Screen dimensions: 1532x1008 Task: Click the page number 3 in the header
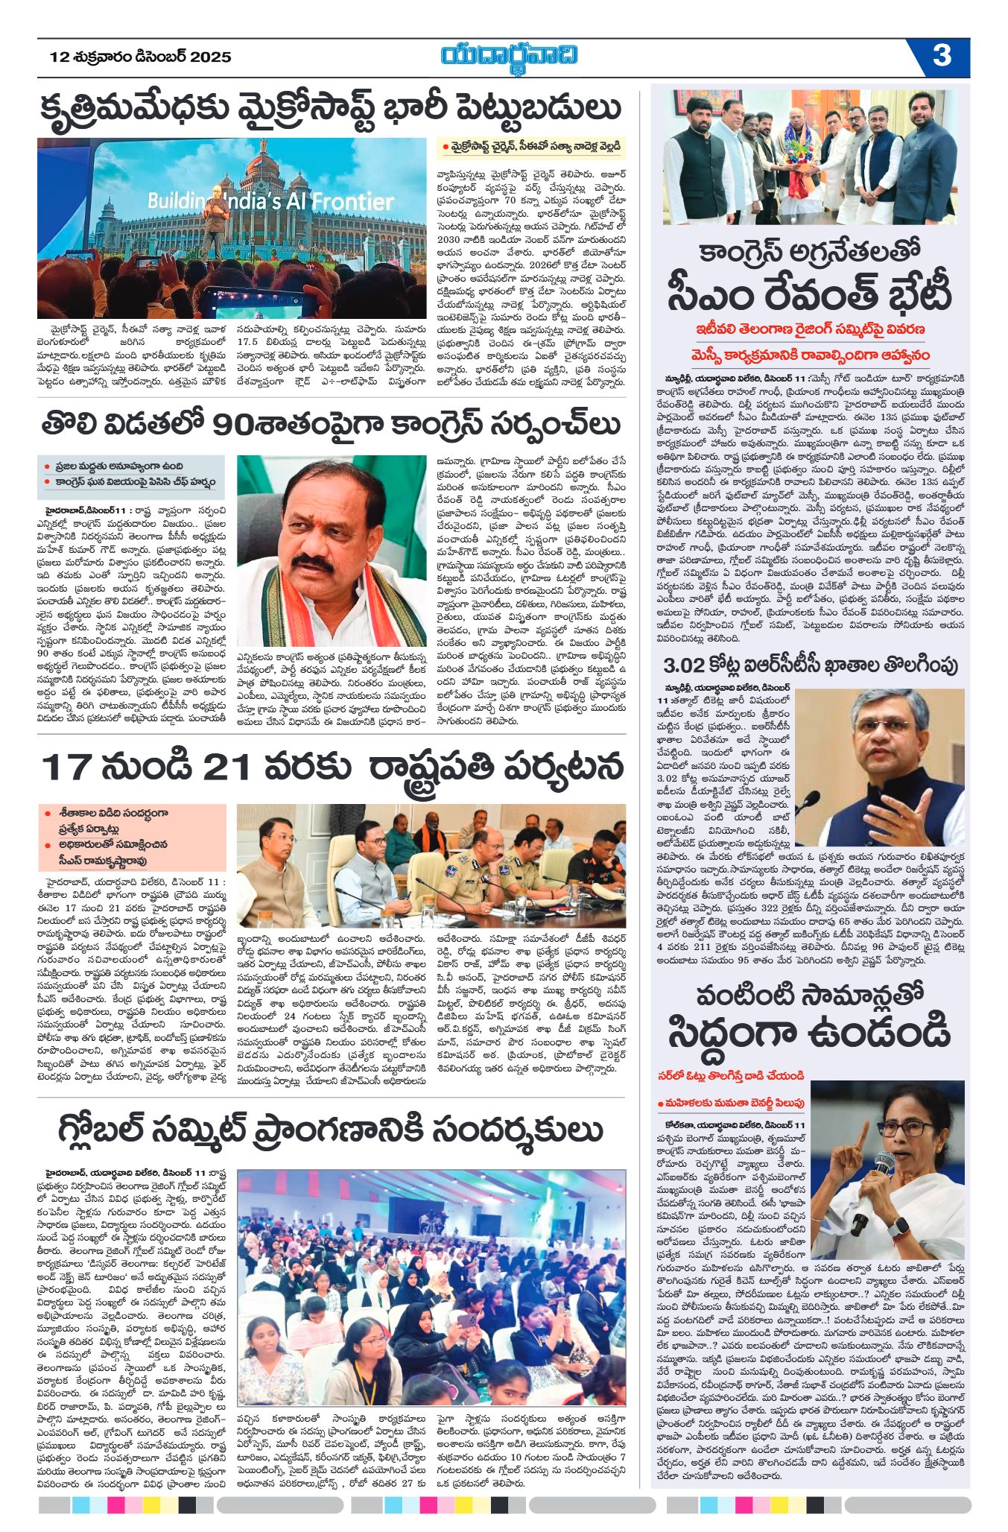pos(942,56)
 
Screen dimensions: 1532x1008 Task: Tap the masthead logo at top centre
pos(509,57)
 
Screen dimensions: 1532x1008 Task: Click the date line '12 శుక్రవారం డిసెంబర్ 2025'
pos(141,57)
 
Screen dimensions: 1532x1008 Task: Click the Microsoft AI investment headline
pos(331,107)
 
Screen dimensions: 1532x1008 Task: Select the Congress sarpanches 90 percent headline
pos(331,424)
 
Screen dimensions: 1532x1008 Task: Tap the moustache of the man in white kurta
pos(311,563)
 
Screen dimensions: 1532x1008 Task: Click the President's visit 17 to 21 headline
pos(331,767)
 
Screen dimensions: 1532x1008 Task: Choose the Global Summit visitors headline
pos(331,1128)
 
